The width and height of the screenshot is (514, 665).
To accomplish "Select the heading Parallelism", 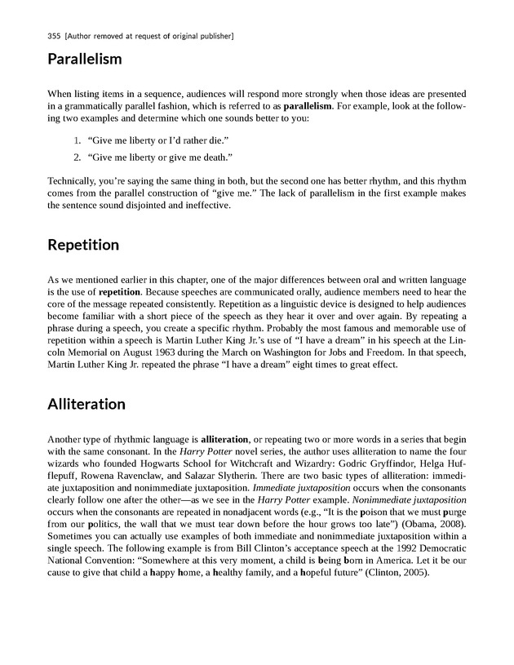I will coord(85,60).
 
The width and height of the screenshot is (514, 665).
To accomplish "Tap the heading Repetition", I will coord(83,244).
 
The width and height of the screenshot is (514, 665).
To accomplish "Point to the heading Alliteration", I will coord(86,404).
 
